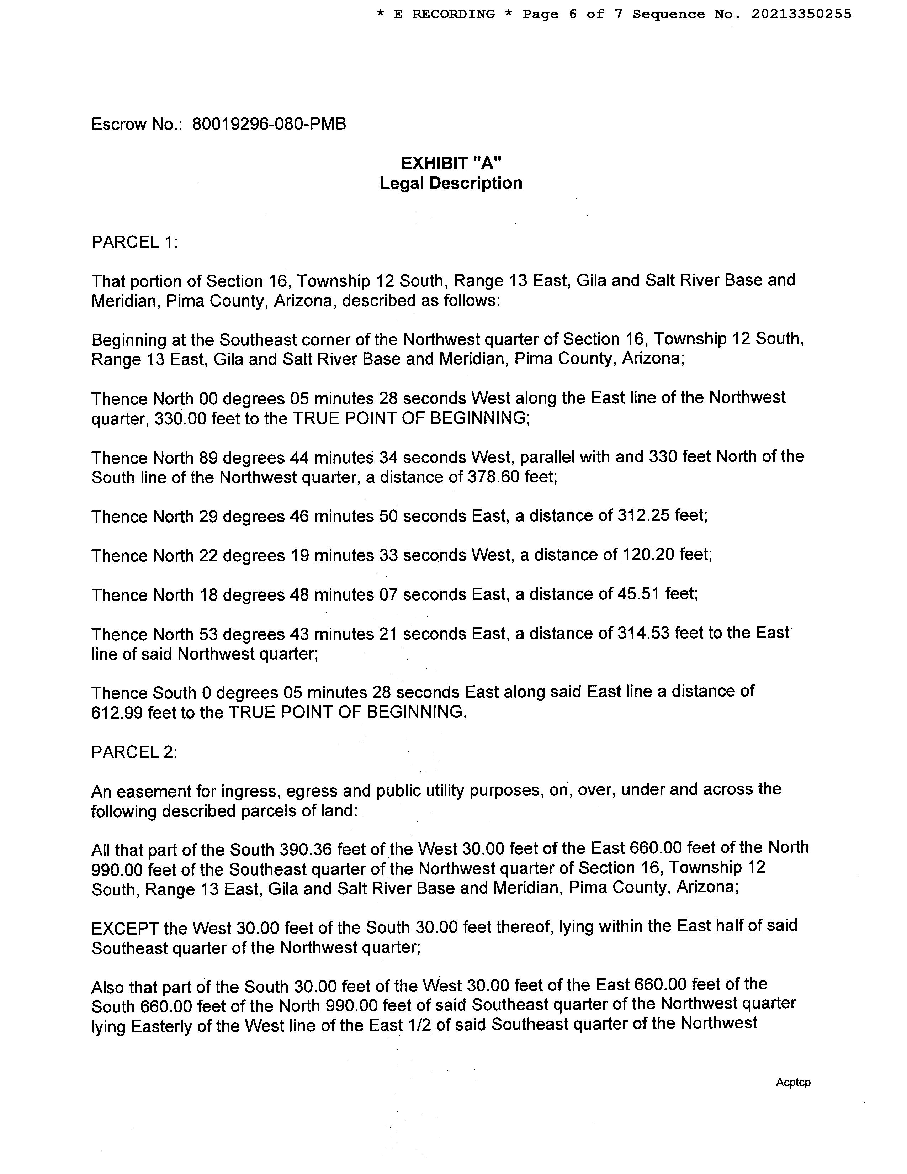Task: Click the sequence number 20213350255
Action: tap(801, 14)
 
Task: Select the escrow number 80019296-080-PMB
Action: tap(269, 124)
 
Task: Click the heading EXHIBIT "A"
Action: tap(451, 162)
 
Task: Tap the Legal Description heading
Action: tap(451, 183)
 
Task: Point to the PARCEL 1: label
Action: tap(134, 242)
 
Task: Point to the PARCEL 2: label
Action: tap(134, 752)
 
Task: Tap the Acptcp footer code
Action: tap(792, 1083)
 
